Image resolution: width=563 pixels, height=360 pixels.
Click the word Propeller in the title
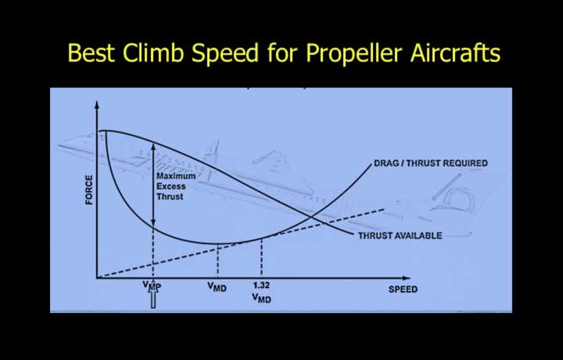(353, 53)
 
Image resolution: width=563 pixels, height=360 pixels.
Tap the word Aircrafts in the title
(455, 52)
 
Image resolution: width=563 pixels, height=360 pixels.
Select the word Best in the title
(91, 52)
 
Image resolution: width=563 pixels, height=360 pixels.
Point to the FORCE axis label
(88, 190)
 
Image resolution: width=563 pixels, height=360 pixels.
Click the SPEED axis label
(403, 290)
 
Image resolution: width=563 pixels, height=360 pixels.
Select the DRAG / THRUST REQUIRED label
(431, 163)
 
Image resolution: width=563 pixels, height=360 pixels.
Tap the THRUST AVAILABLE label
(400, 236)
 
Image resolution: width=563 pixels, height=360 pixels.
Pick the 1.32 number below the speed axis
(261, 286)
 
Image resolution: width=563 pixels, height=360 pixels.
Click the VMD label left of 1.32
(217, 286)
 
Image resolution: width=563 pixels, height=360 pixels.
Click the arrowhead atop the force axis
(97, 105)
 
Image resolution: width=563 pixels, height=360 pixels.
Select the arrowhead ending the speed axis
(406, 278)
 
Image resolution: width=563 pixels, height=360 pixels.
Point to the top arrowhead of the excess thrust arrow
(153, 146)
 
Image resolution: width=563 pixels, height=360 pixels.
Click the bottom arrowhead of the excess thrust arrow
(153, 223)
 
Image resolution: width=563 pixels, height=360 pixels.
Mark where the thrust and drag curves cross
(312, 217)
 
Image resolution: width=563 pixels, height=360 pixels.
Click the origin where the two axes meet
(97, 278)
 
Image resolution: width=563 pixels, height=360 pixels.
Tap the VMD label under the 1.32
(261, 298)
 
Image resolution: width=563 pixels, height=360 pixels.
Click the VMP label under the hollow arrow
(152, 286)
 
